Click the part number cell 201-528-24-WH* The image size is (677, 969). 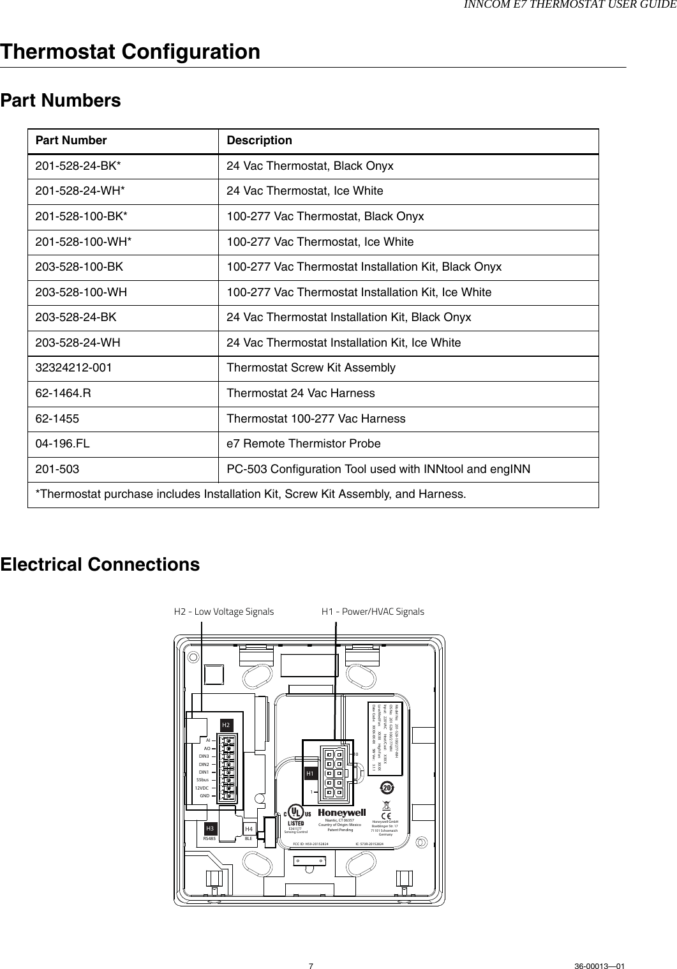[x=82, y=191]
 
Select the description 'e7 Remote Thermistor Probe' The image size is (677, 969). [x=304, y=444]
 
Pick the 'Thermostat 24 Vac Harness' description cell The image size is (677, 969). [x=301, y=393]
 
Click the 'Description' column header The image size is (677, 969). [x=260, y=140]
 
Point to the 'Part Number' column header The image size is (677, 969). [x=71, y=140]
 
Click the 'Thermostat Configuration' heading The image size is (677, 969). [x=131, y=52]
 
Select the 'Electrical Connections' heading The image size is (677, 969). [x=100, y=565]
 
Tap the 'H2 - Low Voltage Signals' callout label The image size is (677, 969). [x=224, y=612]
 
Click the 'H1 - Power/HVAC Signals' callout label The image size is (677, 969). [x=373, y=612]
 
